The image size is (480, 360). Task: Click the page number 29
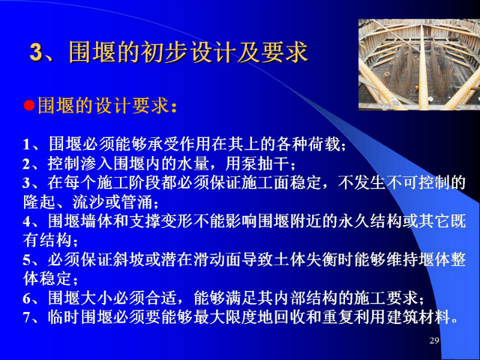[x=434, y=340]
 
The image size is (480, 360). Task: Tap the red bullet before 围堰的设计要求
[x=29, y=106]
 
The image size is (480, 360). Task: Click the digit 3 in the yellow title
[x=36, y=52]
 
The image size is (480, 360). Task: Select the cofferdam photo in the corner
[x=419, y=65]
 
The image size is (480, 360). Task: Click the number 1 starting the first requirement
[x=27, y=145]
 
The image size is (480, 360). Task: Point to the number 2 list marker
[x=27, y=164]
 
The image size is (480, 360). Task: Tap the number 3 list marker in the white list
[x=27, y=184]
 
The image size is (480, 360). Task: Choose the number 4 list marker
[x=27, y=221]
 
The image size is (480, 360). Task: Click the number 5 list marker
[x=27, y=260]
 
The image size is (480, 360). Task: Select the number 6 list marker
[x=27, y=298]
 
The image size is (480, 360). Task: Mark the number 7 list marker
[x=27, y=318]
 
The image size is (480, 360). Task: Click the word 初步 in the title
[x=163, y=52]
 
